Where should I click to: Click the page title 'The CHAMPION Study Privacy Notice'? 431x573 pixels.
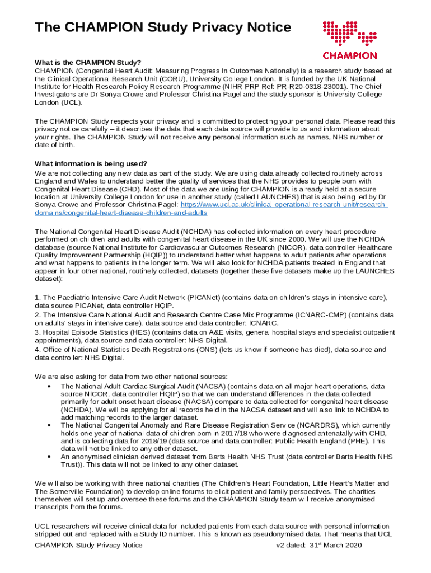[163, 27]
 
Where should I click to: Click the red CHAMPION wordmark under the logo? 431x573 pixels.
[350, 55]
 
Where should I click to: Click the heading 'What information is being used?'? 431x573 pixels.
[91, 163]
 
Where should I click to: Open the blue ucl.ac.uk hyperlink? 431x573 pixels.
[274, 205]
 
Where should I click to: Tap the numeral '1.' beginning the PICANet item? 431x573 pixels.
[38, 298]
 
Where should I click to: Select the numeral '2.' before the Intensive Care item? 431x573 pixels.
[38, 315]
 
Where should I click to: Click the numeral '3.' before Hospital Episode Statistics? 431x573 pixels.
[38, 332]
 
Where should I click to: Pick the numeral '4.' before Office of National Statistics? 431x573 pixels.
[38, 350]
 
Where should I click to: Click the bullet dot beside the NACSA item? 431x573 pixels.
[50, 387]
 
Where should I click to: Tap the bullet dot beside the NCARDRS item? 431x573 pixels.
[50, 426]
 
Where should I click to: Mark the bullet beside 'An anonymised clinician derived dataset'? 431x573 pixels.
[50, 457]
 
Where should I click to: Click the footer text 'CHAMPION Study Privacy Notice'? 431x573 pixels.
[88, 545]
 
